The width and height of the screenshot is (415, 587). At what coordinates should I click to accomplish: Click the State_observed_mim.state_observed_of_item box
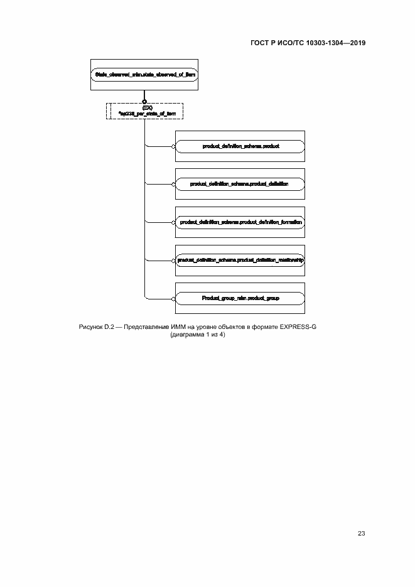(x=144, y=75)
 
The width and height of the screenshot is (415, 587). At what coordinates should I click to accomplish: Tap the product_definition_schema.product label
(x=240, y=146)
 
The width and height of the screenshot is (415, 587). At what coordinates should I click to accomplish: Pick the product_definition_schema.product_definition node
(x=240, y=184)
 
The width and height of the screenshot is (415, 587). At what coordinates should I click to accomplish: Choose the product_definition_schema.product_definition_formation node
(x=240, y=222)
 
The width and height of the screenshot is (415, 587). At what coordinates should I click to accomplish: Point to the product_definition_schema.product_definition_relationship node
(x=240, y=260)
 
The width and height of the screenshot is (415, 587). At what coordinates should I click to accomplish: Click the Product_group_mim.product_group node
(x=240, y=298)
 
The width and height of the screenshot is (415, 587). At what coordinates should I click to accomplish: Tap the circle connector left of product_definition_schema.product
(x=174, y=146)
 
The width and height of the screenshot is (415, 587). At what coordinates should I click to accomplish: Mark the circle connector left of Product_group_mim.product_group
(x=174, y=298)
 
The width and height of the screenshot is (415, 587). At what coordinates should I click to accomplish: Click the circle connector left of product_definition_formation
(x=174, y=222)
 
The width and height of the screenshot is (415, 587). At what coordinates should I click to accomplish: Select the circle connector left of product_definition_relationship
(x=174, y=260)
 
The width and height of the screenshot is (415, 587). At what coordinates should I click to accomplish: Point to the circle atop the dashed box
(x=145, y=101)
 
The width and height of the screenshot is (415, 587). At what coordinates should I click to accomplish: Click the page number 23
(x=362, y=534)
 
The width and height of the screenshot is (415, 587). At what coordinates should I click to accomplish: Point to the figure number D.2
(x=109, y=326)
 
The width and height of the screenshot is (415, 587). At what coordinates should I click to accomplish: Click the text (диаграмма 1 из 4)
(x=197, y=335)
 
